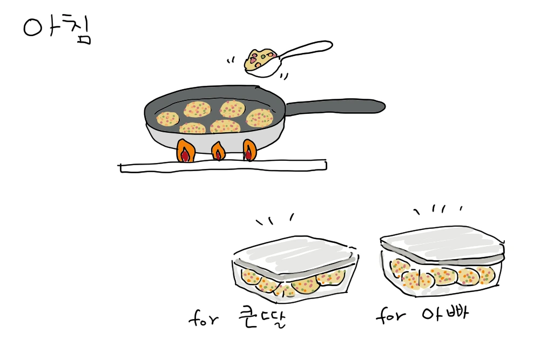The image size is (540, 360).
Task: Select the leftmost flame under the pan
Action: pyautogui.click(x=186, y=151)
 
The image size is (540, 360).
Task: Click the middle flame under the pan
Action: pyautogui.click(x=218, y=152)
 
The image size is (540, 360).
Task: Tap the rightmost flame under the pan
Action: pyautogui.click(x=249, y=151)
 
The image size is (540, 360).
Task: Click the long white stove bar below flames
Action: pyautogui.click(x=223, y=166)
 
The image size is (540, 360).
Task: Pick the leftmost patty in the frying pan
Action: pyautogui.click(x=168, y=119)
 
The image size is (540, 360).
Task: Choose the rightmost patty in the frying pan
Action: pyautogui.click(x=260, y=118)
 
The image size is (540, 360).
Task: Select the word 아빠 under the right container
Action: pyautogui.click(x=445, y=313)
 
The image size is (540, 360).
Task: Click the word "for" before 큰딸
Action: pyautogui.click(x=203, y=318)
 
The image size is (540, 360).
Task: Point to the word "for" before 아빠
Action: pyautogui.click(x=390, y=315)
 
